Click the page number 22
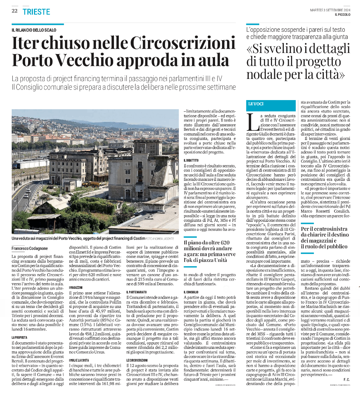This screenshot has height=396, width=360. pyautogui.click(x=15, y=11)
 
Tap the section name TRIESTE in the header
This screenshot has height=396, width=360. pyautogui.click(x=36, y=11)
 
